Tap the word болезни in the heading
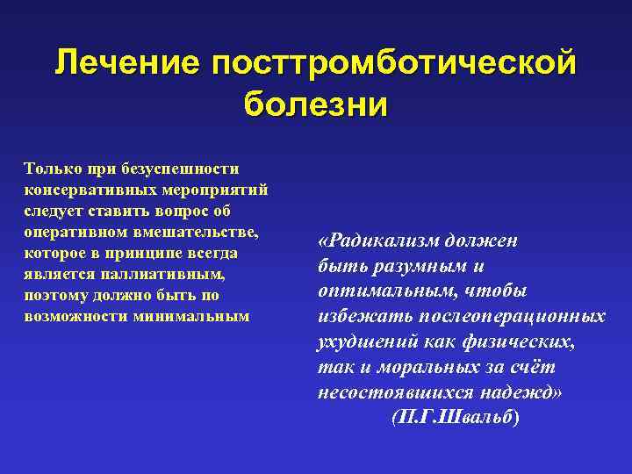[x=316, y=104]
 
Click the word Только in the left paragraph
[x=50, y=168]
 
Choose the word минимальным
[x=188, y=315]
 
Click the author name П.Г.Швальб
[x=455, y=417]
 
